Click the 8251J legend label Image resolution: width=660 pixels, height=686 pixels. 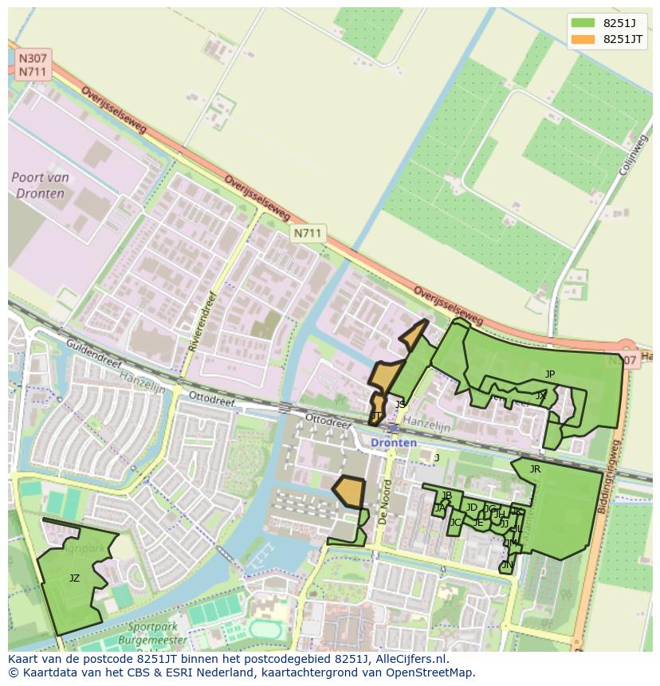point(618,23)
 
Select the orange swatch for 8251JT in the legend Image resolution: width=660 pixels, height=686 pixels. point(582,39)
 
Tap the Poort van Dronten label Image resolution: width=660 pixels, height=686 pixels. point(40,184)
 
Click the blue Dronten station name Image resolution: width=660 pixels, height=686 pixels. point(393,442)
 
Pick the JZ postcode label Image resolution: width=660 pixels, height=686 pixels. point(74,578)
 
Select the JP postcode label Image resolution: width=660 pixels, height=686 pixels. point(550,374)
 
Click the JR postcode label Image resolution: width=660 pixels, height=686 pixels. point(535,469)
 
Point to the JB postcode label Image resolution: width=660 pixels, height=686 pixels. point(446,496)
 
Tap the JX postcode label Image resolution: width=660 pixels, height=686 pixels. point(541,395)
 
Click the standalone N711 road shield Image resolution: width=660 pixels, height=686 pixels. point(307,233)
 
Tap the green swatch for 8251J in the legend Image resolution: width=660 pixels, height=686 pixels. point(582,23)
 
